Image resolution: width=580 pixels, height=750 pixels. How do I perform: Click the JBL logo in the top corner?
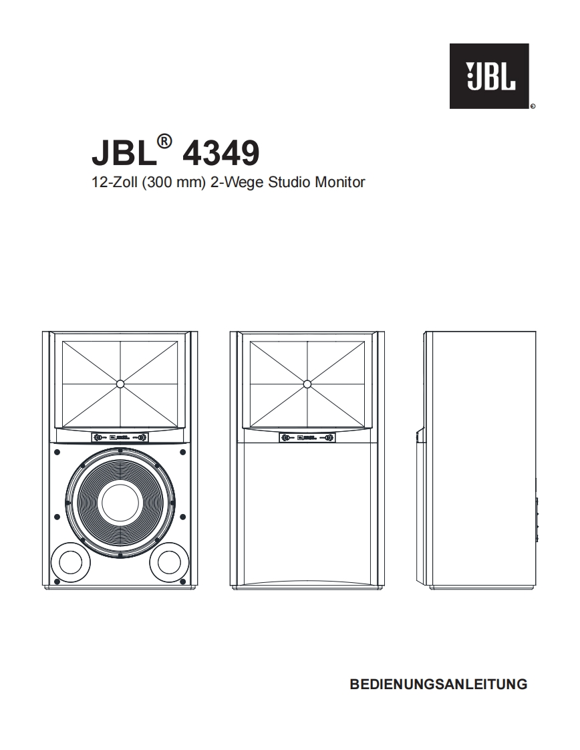488,76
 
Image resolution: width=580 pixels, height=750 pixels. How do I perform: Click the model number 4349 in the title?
220,153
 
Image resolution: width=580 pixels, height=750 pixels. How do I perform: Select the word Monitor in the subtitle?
341,182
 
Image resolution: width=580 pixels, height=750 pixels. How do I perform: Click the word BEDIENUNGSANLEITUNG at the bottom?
438,684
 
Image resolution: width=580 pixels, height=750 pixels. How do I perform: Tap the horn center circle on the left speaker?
120,384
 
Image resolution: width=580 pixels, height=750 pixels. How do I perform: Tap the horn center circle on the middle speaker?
307,384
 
